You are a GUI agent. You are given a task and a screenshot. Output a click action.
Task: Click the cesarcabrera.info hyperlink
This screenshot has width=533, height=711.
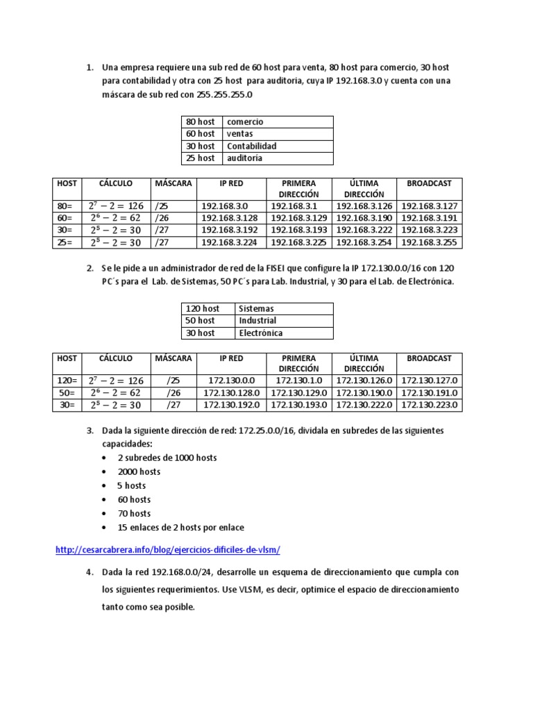[167, 550]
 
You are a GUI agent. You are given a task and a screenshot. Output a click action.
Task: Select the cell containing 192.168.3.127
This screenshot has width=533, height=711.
[429, 206]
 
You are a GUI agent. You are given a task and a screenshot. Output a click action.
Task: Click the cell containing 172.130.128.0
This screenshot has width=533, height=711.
[231, 393]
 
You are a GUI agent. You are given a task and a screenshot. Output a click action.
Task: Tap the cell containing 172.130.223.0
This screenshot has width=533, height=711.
[429, 405]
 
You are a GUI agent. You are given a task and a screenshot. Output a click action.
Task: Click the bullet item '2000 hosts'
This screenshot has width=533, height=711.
[139, 471]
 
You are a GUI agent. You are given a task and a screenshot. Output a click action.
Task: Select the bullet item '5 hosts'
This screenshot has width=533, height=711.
[131, 485]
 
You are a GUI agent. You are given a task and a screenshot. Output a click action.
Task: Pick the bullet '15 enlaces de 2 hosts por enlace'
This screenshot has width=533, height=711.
[180, 527]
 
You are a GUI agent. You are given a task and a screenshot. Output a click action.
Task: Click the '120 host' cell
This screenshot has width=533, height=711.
[202, 308]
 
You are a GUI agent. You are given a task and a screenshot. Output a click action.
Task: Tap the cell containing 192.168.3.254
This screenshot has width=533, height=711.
[364, 242]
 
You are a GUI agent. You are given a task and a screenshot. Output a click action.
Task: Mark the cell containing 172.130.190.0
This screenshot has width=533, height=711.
[364, 393]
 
